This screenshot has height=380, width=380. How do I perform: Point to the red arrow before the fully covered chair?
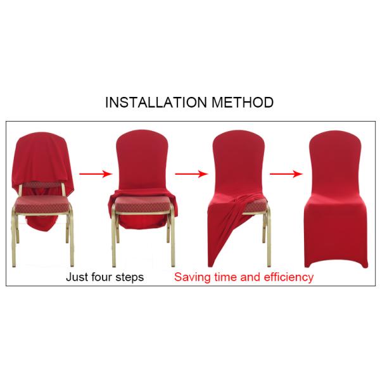click(285, 172)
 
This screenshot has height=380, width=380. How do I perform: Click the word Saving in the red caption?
click(193, 277)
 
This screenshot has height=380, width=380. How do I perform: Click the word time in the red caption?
click(227, 277)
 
